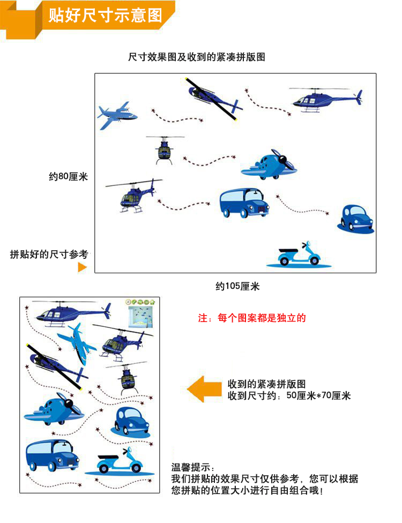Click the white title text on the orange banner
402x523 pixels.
[105, 16]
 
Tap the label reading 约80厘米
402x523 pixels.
[69, 176]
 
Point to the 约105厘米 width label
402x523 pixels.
[237, 286]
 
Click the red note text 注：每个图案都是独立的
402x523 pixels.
[252, 318]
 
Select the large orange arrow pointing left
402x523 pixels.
[204, 389]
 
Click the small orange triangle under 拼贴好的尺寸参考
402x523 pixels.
[82, 267]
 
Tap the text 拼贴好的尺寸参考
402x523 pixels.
[49, 255]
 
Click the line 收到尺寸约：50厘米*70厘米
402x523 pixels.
[289, 395]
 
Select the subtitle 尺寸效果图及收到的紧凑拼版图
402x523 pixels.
[197, 57]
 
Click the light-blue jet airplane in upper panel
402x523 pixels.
[117, 115]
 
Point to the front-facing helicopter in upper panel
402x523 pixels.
[165, 150]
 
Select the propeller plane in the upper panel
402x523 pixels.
[269, 165]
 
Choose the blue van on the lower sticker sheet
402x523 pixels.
[53, 455]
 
